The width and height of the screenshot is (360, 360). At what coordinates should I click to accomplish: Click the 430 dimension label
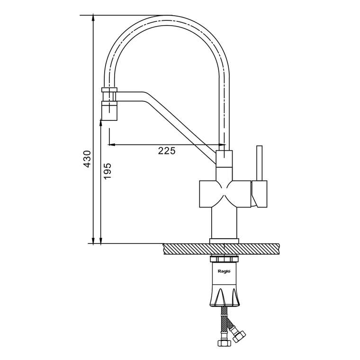(x=87, y=159)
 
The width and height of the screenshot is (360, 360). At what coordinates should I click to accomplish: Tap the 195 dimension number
(x=107, y=171)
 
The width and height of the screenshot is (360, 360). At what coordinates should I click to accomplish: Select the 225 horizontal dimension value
(x=167, y=151)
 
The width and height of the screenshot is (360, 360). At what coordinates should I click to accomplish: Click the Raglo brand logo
(x=224, y=271)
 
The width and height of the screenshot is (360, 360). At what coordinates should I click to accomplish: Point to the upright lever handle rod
(x=260, y=163)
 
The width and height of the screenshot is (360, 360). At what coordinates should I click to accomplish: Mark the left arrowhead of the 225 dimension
(x=111, y=144)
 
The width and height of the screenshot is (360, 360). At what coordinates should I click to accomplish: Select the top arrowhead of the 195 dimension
(x=100, y=123)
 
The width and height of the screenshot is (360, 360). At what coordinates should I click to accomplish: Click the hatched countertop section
(x=221, y=249)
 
